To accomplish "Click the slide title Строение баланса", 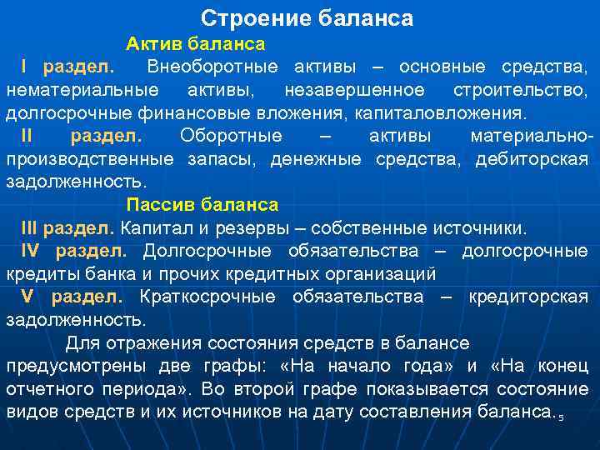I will (307, 18).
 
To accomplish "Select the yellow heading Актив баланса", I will (196, 43).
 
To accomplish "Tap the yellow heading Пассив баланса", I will (202, 204).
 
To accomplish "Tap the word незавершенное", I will (354, 89).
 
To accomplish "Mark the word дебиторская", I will (532, 158).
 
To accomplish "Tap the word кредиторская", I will (528, 297).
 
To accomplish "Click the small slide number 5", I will (561, 416).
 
